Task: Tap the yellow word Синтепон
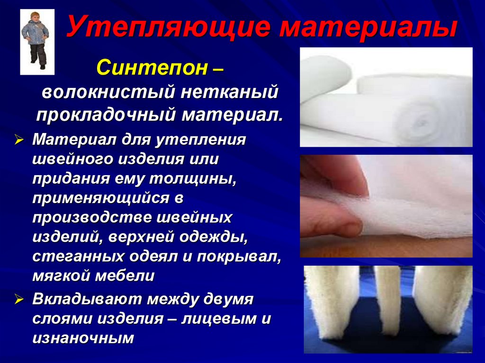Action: tap(152, 67)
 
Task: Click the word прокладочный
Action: tap(106, 115)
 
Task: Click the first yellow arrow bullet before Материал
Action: tap(19, 141)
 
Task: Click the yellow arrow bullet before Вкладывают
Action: tap(19, 300)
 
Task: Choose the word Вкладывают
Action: tap(86, 299)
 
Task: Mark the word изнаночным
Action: tap(83, 338)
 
